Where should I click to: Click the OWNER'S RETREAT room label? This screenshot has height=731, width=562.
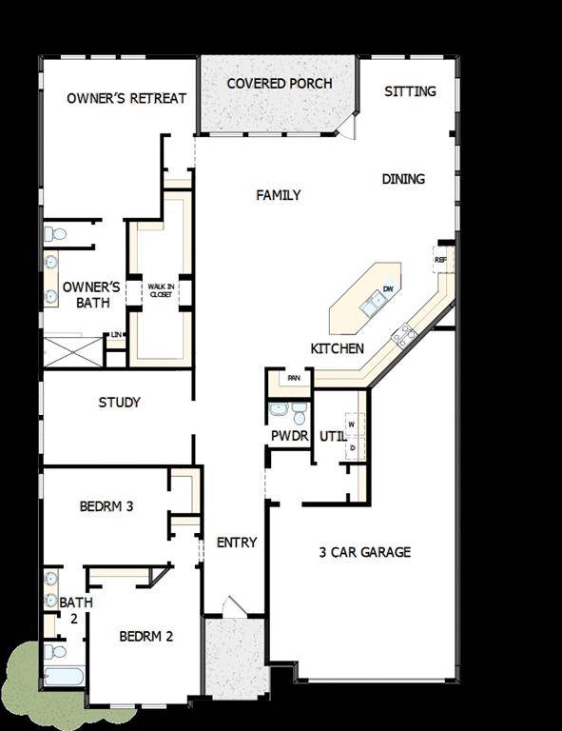pos(126,98)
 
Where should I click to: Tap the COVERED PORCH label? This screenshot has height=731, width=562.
pos(280,84)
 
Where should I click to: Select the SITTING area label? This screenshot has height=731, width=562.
pos(411,91)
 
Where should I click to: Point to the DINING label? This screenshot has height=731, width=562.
pos(403,179)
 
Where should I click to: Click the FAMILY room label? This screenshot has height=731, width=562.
pos(279,195)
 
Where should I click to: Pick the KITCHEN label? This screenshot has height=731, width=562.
pos(338,349)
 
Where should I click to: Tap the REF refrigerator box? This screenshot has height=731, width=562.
pos(440,260)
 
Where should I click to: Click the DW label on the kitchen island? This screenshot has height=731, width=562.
pos(388,289)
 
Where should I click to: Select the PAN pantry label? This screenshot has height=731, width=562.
pos(295,378)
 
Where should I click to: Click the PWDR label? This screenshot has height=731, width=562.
pos(290,436)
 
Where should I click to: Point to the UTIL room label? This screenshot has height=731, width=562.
pos(332,436)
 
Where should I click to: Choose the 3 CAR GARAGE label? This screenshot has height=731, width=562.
pos(365,551)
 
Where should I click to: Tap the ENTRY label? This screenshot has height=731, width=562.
pos(237,543)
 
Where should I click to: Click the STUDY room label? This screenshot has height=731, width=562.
pos(120,403)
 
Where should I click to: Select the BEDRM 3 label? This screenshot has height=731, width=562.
pos(106,506)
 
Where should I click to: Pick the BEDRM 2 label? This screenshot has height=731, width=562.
pos(145,636)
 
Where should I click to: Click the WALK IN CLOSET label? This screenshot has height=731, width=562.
pos(159,290)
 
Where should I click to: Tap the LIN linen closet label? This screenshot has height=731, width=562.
pos(116,335)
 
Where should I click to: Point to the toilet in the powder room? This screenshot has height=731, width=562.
pos(300,415)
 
